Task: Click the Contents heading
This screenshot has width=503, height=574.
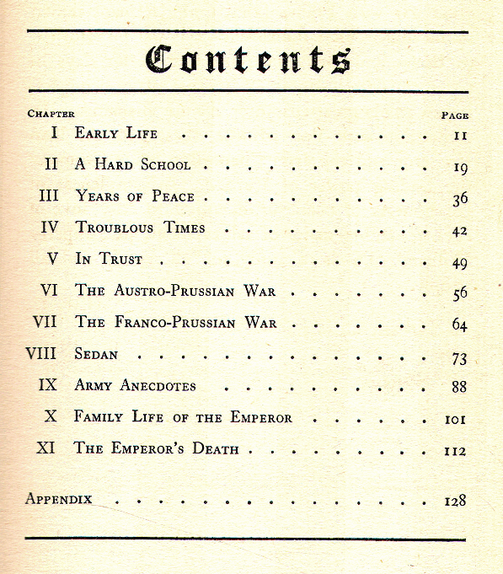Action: tap(248, 59)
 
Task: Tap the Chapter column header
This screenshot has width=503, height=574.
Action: tap(51, 114)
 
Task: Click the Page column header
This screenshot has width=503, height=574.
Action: tap(455, 115)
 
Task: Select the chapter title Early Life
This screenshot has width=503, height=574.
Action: tap(116, 133)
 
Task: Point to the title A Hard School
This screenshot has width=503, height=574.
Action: tap(133, 165)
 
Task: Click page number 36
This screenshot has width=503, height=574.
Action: tap(459, 199)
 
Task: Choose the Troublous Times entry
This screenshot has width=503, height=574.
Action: tap(141, 228)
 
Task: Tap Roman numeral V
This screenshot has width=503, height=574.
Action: tap(52, 259)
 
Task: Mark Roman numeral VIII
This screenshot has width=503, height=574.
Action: tap(41, 354)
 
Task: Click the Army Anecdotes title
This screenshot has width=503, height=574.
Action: tap(136, 386)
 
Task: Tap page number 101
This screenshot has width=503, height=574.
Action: tap(456, 419)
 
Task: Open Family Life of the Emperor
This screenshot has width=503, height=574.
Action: tap(183, 417)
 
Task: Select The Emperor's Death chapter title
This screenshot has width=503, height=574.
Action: tap(157, 449)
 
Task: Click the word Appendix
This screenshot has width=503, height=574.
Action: tap(58, 498)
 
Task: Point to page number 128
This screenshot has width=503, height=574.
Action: tap(455, 501)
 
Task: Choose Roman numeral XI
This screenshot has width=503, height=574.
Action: tap(45, 448)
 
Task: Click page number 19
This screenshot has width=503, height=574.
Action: tap(460, 168)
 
